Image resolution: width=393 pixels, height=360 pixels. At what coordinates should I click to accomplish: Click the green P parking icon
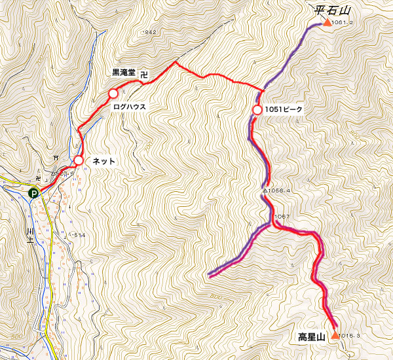(x=33, y=192)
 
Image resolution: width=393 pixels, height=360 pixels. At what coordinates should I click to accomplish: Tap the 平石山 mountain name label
(x=333, y=9)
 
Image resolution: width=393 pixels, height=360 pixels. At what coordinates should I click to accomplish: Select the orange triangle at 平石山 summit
(x=327, y=22)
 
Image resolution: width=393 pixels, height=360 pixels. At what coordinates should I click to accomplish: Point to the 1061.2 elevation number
(x=343, y=23)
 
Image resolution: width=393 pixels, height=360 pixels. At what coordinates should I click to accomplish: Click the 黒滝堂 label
(x=124, y=73)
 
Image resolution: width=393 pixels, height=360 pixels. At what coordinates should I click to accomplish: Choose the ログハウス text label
(x=129, y=105)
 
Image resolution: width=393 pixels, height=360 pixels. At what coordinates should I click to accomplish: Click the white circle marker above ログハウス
(x=113, y=94)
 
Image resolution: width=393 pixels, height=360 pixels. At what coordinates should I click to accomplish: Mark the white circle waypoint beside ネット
(x=79, y=160)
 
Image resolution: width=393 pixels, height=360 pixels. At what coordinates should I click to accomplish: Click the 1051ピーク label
(x=284, y=109)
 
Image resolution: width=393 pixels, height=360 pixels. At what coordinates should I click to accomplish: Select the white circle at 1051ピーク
(x=257, y=109)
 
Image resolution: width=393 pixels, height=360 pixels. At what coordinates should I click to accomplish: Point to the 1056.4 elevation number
(x=280, y=191)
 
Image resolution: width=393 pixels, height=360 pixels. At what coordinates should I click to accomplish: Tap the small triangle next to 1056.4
(x=265, y=191)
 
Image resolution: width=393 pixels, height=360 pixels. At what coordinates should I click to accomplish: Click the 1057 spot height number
(x=282, y=217)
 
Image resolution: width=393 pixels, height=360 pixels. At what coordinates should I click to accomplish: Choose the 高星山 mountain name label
(x=312, y=338)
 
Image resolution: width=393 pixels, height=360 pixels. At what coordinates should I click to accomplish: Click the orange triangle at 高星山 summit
(x=335, y=335)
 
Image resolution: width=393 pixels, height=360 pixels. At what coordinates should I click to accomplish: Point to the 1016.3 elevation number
(x=351, y=335)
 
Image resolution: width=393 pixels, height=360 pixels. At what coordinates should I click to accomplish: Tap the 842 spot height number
(x=151, y=32)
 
